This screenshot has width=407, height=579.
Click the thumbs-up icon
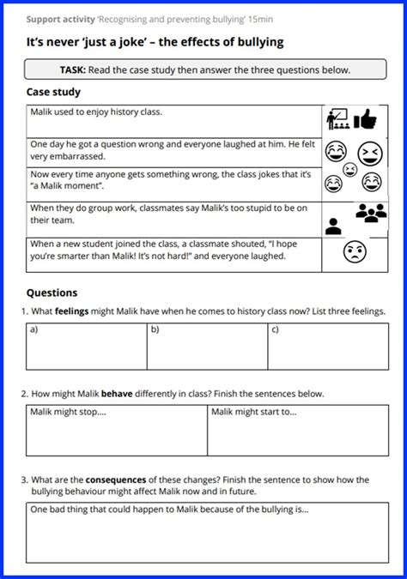(365, 118)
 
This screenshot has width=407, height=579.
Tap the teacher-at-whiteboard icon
(337, 119)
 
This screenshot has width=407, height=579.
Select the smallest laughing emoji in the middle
(349, 169)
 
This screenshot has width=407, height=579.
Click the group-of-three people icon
(371, 211)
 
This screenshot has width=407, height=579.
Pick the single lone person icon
(334, 226)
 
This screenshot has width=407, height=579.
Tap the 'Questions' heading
(52, 293)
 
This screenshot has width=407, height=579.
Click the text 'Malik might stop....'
(69, 413)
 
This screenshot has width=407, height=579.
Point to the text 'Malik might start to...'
(254, 413)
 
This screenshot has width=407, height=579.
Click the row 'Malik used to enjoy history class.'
(96, 112)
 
